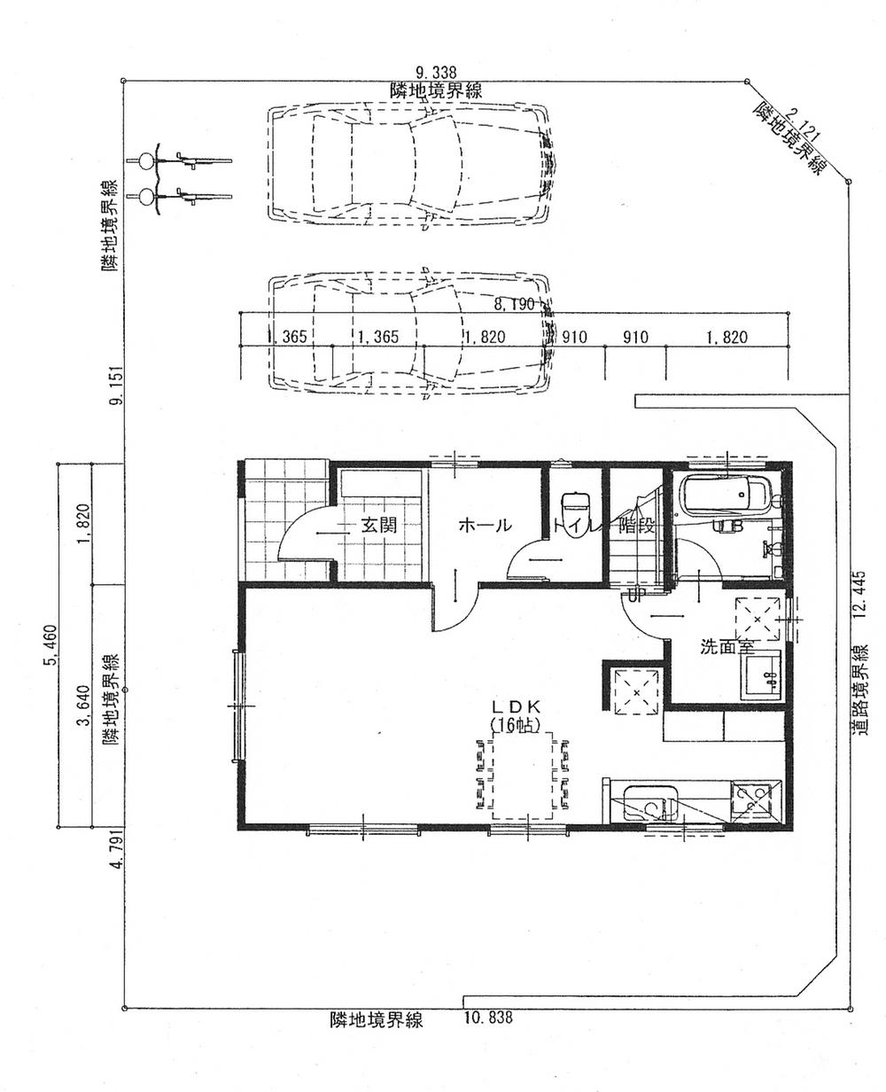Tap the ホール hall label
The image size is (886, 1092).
point(485,525)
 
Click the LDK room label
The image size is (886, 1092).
point(520,706)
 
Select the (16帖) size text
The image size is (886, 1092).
point(520,724)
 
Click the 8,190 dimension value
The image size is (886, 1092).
point(515,304)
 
